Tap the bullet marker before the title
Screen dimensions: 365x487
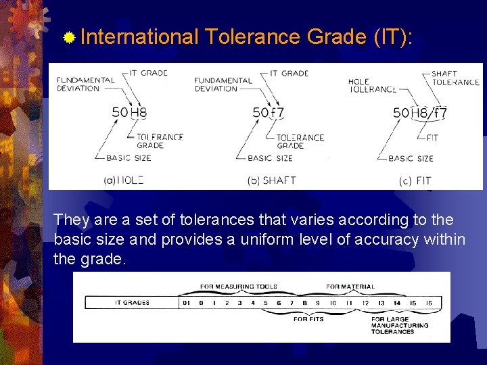click(69, 36)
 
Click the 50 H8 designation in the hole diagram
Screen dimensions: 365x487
click(129, 113)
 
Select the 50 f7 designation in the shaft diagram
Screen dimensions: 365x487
click(267, 113)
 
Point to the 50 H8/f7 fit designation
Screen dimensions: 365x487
click(419, 113)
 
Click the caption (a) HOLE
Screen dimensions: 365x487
click(123, 180)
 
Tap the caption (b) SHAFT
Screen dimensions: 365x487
click(272, 180)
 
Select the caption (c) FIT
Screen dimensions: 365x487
click(415, 180)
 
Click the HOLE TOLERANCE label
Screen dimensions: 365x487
click(372, 85)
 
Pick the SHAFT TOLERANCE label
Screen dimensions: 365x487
click(455, 78)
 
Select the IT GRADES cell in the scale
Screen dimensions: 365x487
click(132, 303)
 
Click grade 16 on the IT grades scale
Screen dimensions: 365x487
click(429, 303)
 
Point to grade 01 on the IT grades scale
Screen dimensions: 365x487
click(187, 303)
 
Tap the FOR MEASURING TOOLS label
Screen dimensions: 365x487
click(238, 287)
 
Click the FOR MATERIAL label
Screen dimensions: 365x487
click(350, 287)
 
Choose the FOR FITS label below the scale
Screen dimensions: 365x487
click(308, 319)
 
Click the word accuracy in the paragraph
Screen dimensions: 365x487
click(370, 239)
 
